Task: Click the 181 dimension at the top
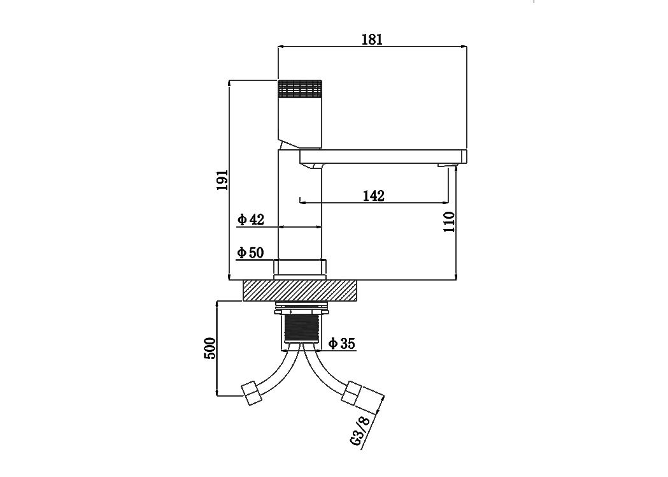pos(372,40)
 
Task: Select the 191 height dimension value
pos(222,180)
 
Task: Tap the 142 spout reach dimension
pos(374,196)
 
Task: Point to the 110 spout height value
pos(449,222)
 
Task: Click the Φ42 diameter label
pos(251,220)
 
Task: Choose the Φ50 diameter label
pos(250,253)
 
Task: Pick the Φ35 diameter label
pos(342,343)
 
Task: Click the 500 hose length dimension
pos(210,348)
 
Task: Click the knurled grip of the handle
pos(299,89)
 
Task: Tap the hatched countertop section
pos(299,291)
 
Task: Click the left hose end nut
pos(251,394)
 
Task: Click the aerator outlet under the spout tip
pos(448,166)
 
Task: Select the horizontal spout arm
pos(383,157)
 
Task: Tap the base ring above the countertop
pos(299,270)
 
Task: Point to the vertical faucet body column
pos(299,205)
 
